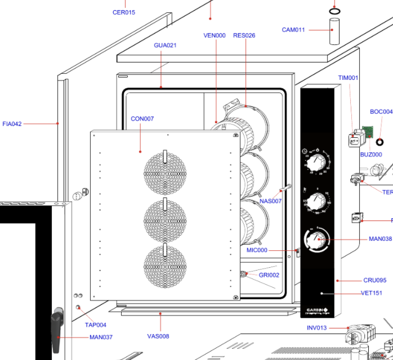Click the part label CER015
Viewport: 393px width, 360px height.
click(x=124, y=12)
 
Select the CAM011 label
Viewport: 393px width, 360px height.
click(x=293, y=30)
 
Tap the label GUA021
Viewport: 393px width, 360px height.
click(x=165, y=45)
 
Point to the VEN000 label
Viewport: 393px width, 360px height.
click(x=215, y=35)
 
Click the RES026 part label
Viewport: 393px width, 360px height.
click(x=244, y=35)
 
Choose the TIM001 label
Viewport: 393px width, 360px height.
click(x=348, y=78)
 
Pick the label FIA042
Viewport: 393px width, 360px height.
click(x=12, y=124)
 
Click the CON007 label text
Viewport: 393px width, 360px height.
click(x=142, y=119)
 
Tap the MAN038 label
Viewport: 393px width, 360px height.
click(x=380, y=239)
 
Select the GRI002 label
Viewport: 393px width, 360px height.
click(x=269, y=275)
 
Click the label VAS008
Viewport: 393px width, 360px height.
click(x=158, y=336)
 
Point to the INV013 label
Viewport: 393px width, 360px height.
click(x=316, y=328)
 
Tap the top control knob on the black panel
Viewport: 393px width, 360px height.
click(x=315, y=163)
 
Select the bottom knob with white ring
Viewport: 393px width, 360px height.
click(x=316, y=240)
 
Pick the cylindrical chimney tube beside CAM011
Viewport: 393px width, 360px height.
click(x=334, y=31)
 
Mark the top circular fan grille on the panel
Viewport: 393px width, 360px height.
click(x=165, y=172)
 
